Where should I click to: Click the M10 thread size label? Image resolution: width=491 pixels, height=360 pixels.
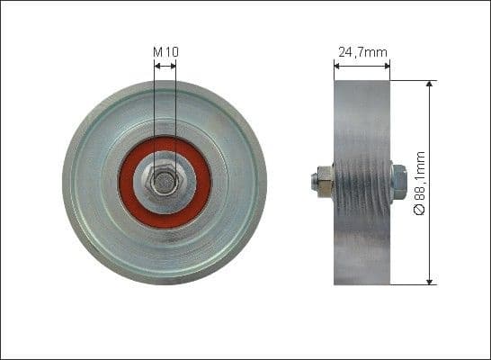[165, 52]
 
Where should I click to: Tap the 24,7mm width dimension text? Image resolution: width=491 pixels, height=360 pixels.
[362, 52]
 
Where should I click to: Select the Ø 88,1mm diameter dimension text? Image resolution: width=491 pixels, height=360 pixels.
[418, 183]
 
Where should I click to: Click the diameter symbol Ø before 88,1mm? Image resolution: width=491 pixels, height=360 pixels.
[418, 210]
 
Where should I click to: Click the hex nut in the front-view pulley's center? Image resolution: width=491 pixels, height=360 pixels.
[165, 182]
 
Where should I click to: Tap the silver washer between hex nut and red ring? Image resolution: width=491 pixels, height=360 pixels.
[180, 193]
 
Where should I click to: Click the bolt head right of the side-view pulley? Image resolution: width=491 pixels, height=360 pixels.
[398, 183]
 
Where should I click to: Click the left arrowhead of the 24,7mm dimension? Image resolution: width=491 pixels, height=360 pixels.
[338, 64]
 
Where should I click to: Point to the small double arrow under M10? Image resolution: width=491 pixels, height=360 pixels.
[165, 65]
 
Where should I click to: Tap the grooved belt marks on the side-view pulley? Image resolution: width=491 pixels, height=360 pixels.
[362, 180]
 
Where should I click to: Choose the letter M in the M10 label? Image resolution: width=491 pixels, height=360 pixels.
[157, 52]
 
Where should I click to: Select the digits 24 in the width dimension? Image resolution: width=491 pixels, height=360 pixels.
[344, 52]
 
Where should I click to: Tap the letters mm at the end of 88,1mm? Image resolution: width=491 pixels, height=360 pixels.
[418, 159]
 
